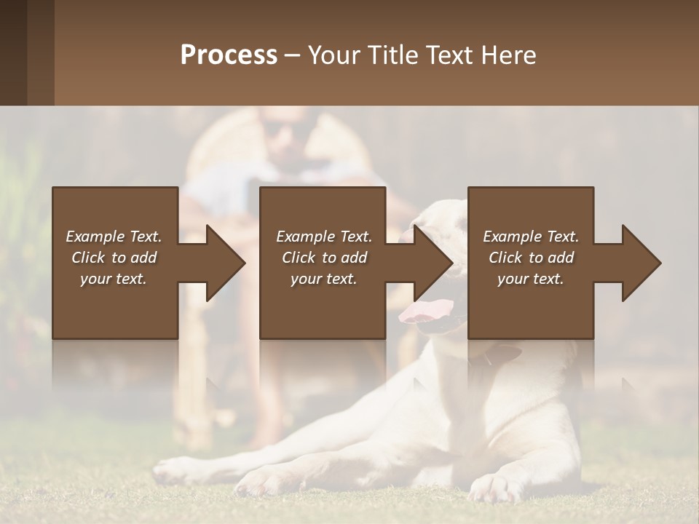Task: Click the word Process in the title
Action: coord(229,55)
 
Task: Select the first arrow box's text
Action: coord(114,258)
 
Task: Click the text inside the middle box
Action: coord(323,258)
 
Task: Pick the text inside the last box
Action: coord(530,258)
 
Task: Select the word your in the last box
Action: coord(513,279)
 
